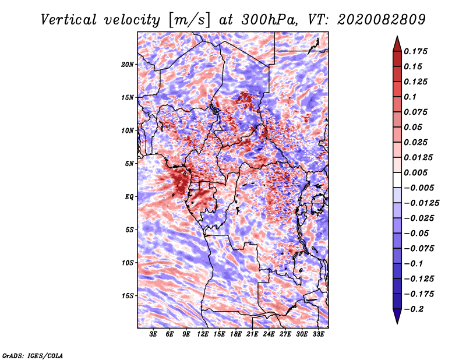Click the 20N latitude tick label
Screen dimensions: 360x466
coord(128,64)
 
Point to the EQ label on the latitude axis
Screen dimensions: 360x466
coord(129,197)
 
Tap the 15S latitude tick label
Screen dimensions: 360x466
coord(128,296)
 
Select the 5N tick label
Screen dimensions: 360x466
coord(129,164)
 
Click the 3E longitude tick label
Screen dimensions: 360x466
coord(154,334)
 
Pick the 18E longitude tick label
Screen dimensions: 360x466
coord(236,334)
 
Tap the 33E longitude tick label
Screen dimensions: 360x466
coord(319,334)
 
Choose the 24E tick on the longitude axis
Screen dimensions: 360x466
coord(269,334)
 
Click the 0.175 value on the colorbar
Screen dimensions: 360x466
coord(416,52)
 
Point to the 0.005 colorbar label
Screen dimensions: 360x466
coord(416,173)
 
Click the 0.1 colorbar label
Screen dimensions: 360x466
coord(411,97)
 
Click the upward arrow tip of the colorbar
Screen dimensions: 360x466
coord(397,38)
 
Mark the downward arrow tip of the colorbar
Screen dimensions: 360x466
coord(397,322)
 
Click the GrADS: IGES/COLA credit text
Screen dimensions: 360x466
coord(33,355)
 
